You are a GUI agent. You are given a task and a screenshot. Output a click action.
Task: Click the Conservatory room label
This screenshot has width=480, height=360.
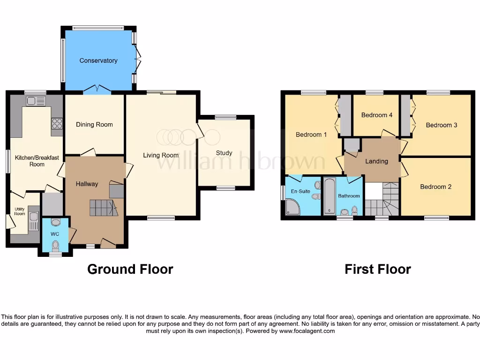click(98, 60)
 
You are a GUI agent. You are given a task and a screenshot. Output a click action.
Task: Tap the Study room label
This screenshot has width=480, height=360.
click(224, 153)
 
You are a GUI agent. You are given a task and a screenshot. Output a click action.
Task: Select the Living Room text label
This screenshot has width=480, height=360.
click(161, 155)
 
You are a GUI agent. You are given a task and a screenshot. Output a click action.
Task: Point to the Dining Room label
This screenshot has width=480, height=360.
click(94, 125)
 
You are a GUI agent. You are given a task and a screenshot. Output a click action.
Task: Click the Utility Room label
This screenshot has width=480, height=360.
click(19, 211)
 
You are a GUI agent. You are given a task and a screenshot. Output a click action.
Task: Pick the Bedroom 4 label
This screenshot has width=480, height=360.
click(377, 115)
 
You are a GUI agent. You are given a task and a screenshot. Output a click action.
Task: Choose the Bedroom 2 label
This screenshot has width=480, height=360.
click(435, 187)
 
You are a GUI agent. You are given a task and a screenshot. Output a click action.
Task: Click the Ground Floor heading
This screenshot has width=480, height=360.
click(130, 269)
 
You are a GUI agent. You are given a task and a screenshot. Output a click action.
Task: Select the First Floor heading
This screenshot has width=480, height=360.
click(377, 269)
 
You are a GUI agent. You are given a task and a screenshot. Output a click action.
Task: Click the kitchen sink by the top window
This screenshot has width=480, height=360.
click(36, 100)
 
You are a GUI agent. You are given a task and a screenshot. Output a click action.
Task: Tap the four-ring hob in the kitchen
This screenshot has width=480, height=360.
click(57, 123)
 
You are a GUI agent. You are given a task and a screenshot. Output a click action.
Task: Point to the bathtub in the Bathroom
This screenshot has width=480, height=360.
click(329, 197)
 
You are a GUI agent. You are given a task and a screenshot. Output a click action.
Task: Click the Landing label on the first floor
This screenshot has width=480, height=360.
click(376, 161)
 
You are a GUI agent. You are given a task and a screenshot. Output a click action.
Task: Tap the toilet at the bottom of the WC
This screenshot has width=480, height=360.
click(55, 245)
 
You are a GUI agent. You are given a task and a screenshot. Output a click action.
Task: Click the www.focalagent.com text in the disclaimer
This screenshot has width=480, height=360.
click(307, 331)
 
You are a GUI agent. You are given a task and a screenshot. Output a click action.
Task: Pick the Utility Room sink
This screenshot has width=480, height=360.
click(34, 217)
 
